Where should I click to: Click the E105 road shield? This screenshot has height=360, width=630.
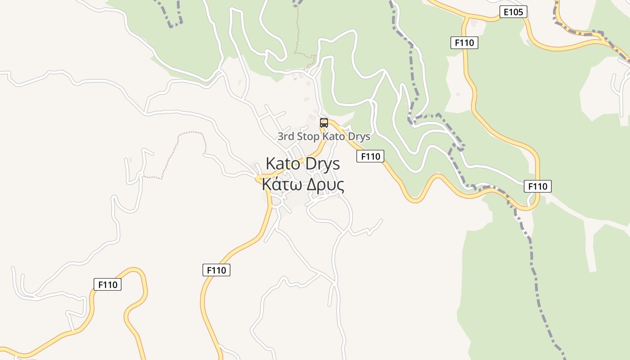pos(513,12)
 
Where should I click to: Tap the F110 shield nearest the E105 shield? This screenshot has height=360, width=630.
pos(464,43)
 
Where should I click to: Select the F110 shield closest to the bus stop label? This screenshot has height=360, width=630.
pos(371,156)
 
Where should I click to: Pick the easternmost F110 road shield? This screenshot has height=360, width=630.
pos(537,186)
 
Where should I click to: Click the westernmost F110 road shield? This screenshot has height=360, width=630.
pos(108,284)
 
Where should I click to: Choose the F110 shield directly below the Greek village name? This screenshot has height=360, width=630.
pos(216,270)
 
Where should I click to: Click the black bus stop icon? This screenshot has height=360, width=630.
pos(324,122)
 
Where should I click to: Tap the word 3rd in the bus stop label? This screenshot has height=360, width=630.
pos(286,136)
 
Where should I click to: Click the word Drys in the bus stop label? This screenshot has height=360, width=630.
pos(359,136)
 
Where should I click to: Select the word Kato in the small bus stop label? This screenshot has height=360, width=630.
pos(335,136)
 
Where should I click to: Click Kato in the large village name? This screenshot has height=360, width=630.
pos(283,163)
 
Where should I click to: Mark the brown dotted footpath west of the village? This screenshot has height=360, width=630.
pos(180,148)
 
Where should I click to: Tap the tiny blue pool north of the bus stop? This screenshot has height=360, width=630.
pos(295,79)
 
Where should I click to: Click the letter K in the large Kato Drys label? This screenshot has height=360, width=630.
pos(270,163)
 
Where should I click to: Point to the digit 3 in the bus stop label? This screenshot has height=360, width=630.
pos(280,136)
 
